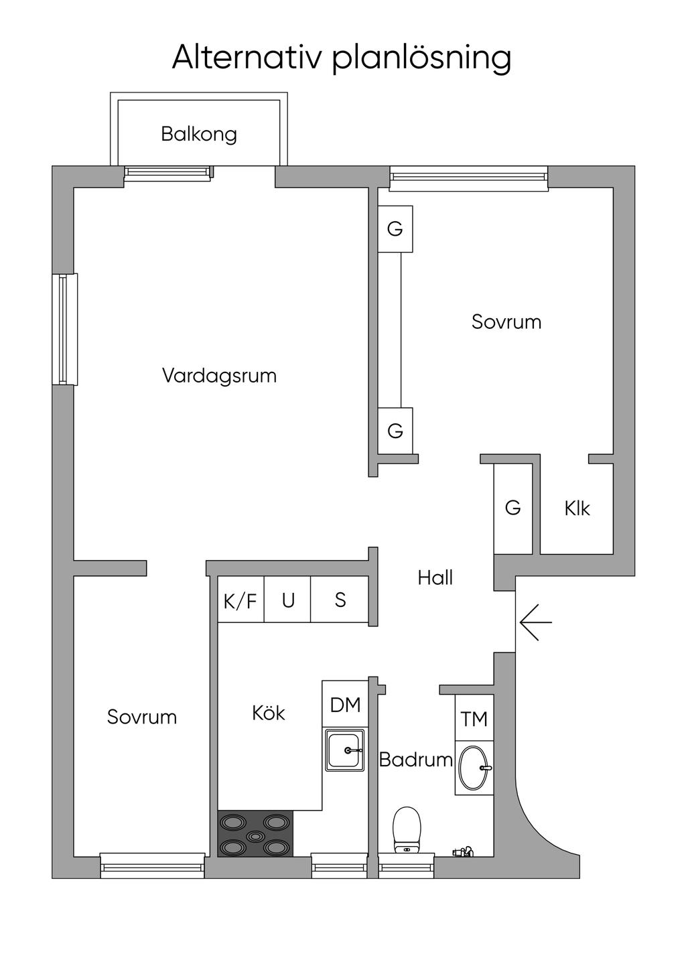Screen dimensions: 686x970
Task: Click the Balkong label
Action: (199, 134)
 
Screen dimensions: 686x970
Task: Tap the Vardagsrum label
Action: (219, 375)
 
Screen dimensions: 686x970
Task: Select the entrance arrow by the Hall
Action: (536, 622)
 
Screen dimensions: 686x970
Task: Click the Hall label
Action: (435, 577)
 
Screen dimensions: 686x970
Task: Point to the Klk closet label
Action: (577, 508)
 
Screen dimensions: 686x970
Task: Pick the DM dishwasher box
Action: (345, 703)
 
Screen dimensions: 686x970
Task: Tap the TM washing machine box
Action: (474, 718)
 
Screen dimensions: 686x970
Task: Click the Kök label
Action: (269, 713)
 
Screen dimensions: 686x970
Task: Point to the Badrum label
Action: (416, 760)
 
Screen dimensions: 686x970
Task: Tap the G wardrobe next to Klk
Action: (512, 508)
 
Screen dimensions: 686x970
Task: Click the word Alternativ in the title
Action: (247, 57)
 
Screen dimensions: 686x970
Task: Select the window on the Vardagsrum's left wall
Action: (65, 329)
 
